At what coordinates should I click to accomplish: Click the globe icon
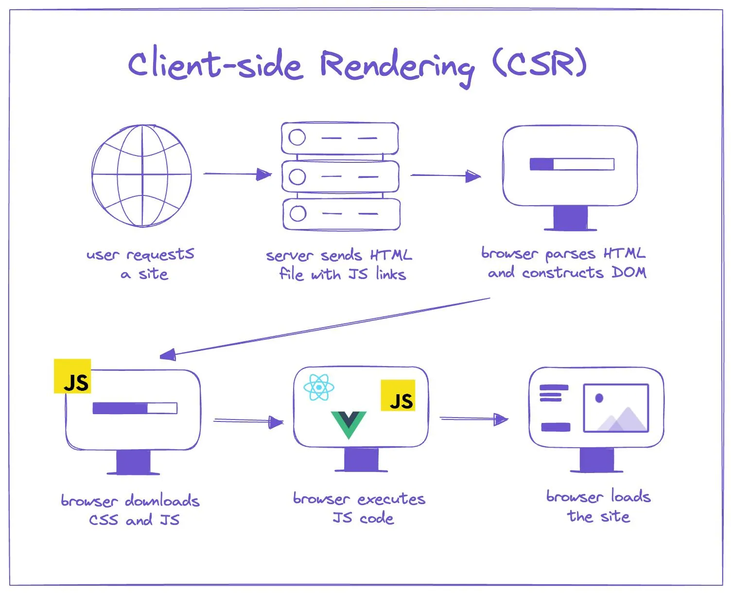pos(141,176)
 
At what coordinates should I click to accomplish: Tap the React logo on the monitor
pos(318,387)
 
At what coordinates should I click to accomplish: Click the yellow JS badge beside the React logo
pos(398,396)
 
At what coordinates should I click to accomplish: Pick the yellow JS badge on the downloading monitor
pos(72,376)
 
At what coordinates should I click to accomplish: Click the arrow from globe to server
pos(237,174)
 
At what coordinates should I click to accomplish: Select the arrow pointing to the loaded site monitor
pos(473,419)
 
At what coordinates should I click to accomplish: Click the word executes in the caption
pos(391,499)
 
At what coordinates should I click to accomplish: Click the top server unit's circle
pos(297,138)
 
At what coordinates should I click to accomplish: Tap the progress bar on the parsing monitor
pos(572,164)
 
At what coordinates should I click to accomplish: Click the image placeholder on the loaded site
pos(616,408)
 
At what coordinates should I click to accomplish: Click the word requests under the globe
pos(160,255)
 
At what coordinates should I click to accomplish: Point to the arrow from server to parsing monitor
pos(446,175)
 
